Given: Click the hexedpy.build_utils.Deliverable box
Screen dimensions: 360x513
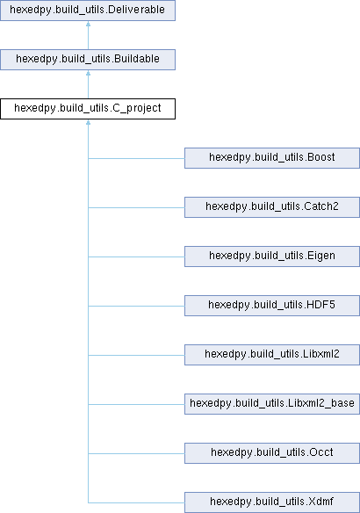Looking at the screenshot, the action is [88, 11].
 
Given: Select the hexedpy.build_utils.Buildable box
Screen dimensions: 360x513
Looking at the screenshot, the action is [88, 60].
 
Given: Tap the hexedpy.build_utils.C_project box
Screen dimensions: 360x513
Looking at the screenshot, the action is [88, 109].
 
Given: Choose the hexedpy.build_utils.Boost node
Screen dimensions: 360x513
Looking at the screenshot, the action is [272, 158].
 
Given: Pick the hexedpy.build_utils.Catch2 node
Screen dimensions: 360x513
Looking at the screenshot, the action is [272, 207].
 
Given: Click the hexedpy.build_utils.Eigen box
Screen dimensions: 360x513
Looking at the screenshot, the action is [272, 256].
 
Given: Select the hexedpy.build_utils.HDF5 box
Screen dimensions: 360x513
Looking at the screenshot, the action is [272, 306].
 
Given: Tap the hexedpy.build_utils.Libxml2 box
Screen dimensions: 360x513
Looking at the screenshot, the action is [272, 355].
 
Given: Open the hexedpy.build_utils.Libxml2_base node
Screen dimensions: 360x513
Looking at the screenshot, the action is [272, 404].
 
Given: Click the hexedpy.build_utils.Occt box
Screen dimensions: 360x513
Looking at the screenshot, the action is [272, 453].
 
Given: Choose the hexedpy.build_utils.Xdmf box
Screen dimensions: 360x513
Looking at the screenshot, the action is [272, 502].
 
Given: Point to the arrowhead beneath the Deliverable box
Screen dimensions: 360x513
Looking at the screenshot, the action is [88, 24].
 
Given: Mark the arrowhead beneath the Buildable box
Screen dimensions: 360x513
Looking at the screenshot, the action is [88, 73].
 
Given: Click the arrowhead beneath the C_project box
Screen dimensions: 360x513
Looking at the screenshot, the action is [88, 122].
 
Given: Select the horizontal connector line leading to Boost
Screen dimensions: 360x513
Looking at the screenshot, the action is [136, 159].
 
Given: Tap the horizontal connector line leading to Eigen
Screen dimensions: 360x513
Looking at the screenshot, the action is [136, 256].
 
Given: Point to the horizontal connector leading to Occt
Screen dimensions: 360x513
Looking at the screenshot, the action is [136, 453].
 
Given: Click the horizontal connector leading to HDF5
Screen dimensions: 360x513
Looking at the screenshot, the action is [136, 307].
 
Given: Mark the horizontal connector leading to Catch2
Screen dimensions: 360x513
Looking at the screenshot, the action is [136, 208].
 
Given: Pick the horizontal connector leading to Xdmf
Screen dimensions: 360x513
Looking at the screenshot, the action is [136, 502].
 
